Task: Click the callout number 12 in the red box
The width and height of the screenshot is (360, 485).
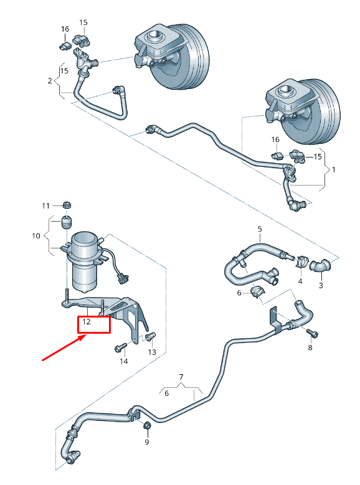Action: pos(87,322)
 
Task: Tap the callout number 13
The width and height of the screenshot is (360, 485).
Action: pos(152,352)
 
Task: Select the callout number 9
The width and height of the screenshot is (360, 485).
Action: pos(147,442)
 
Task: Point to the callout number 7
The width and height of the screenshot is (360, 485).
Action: pos(181,377)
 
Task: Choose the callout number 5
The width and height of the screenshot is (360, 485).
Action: pos(260,229)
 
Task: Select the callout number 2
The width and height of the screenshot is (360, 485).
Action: pos(50,81)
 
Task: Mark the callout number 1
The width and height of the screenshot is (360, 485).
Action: pos(334,169)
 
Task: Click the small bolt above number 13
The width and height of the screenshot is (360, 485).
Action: pos(149,337)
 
